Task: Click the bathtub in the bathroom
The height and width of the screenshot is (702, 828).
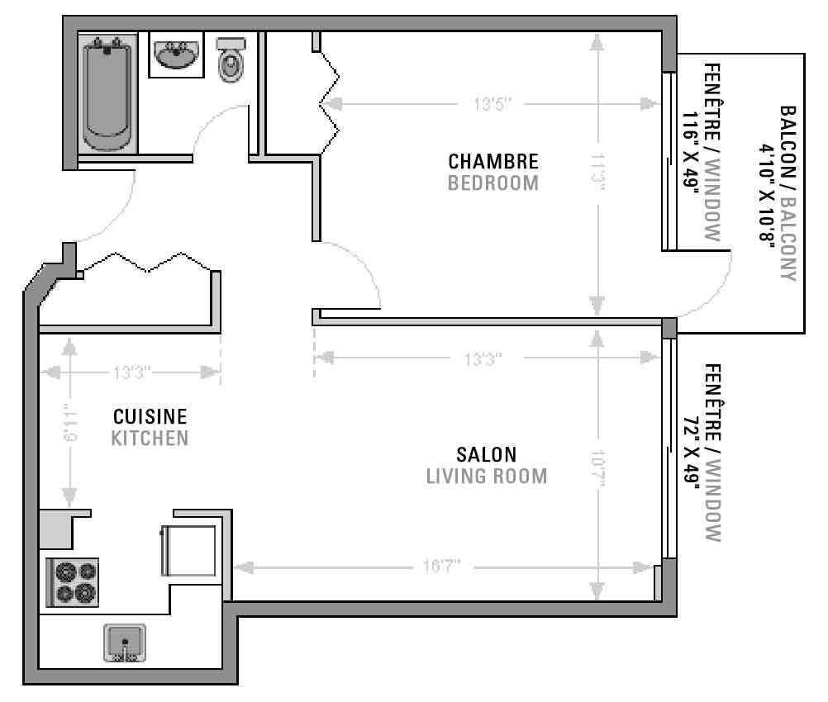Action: pyautogui.click(x=107, y=93)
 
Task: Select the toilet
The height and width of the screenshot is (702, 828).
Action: pyautogui.click(x=231, y=59)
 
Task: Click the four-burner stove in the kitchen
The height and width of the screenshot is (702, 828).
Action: pyautogui.click(x=73, y=582)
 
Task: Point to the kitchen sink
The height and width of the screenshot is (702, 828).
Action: pyautogui.click(x=125, y=643)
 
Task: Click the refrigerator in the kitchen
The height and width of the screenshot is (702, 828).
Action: pyautogui.click(x=188, y=551)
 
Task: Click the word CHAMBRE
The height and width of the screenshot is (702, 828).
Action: pyautogui.click(x=493, y=162)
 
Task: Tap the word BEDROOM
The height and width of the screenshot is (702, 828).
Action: pyautogui.click(x=493, y=183)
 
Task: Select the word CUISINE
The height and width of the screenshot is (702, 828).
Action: pyautogui.click(x=150, y=416)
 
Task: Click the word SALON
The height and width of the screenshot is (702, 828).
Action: pyautogui.click(x=487, y=454)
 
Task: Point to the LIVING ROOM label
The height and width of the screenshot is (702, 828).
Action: pyautogui.click(x=487, y=476)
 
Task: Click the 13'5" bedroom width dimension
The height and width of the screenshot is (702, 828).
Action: pyautogui.click(x=493, y=104)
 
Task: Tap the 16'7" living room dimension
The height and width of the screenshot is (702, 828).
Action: pyautogui.click(x=441, y=567)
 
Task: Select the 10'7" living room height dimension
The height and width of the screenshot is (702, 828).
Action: pyautogui.click(x=597, y=468)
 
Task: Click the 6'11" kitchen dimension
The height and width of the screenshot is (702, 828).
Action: pyautogui.click(x=70, y=422)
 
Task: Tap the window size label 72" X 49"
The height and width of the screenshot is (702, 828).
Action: pyautogui.click(x=690, y=450)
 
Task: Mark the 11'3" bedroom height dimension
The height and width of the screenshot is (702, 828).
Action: pyautogui.click(x=597, y=172)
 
